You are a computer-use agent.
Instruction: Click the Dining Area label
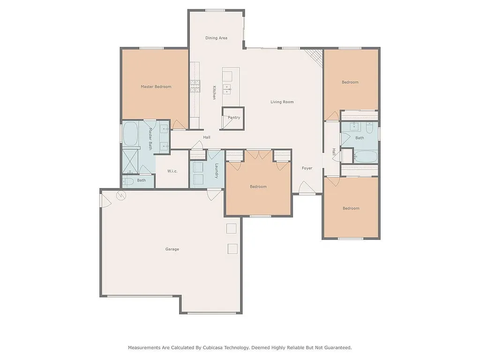pyautogui.click(x=216, y=38)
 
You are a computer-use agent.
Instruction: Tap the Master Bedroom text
pyautogui.click(x=156, y=87)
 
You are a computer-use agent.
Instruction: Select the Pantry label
pyautogui.click(x=234, y=118)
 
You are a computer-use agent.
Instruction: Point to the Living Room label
pyautogui.click(x=282, y=102)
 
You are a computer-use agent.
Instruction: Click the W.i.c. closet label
pyautogui.click(x=172, y=171)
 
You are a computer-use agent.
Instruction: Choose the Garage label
pyautogui.click(x=172, y=249)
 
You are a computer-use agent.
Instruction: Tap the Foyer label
pyautogui.click(x=307, y=168)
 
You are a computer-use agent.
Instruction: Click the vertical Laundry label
pyautogui.click(x=216, y=171)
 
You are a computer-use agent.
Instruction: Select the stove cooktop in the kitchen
pyautogui.click(x=195, y=86)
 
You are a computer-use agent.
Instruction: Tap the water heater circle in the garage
pyautogui.click(x=121, y=195)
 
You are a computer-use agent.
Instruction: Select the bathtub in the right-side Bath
pyautogui.click(x=366, y=157)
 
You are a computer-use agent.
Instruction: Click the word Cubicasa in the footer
pyautogui.click(x=213, y=348)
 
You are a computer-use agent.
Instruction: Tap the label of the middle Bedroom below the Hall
pyautogui.click(x=258, y=187)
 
